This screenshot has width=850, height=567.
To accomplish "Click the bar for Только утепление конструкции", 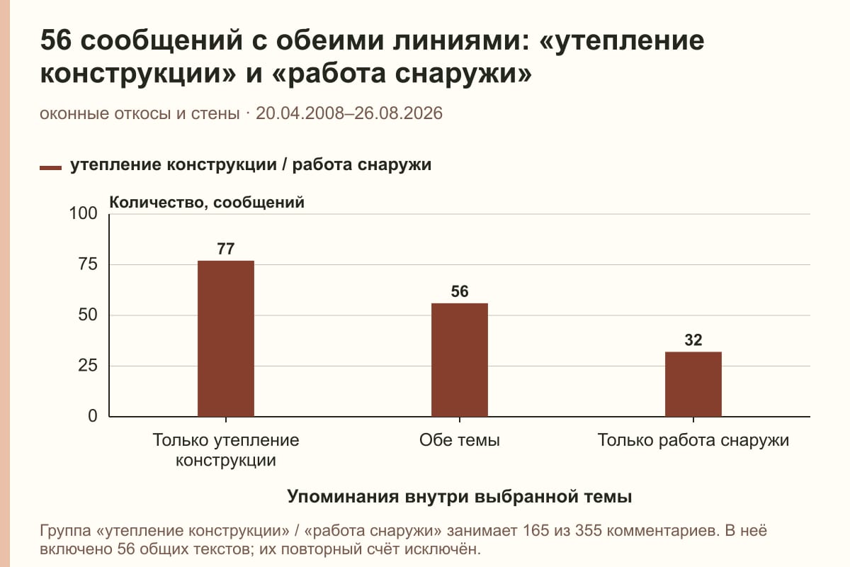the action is [226, 338].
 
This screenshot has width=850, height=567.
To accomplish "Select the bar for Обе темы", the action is [460, 359].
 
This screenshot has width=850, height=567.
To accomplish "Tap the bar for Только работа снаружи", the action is [693, 384].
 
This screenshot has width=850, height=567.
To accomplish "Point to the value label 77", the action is [226, 249].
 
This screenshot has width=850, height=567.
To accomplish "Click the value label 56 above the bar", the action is [460, 291].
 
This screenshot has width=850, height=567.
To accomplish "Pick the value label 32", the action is [693, 340].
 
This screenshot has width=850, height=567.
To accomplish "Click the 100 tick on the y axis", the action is [83, 213].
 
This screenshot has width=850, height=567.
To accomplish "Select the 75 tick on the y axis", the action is [88, 264].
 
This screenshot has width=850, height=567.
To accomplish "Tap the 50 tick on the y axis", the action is [88, 315].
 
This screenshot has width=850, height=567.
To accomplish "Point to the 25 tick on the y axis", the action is [88, 366].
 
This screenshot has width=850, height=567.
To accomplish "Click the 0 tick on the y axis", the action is [93, 416].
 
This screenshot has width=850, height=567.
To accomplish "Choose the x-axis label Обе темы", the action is [460, 440].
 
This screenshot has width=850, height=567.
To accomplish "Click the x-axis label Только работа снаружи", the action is [693, 440].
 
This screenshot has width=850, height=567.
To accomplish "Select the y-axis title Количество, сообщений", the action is [207, 203].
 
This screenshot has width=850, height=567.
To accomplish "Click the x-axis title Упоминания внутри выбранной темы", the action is [460, 496].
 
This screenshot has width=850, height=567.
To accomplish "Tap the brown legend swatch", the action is [50, 168].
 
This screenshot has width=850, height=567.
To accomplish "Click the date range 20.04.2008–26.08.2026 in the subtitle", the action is [349, 113].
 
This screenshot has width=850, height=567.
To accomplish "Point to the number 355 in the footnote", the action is [589, 531].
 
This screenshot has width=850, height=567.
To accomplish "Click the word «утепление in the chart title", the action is [621, 41].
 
